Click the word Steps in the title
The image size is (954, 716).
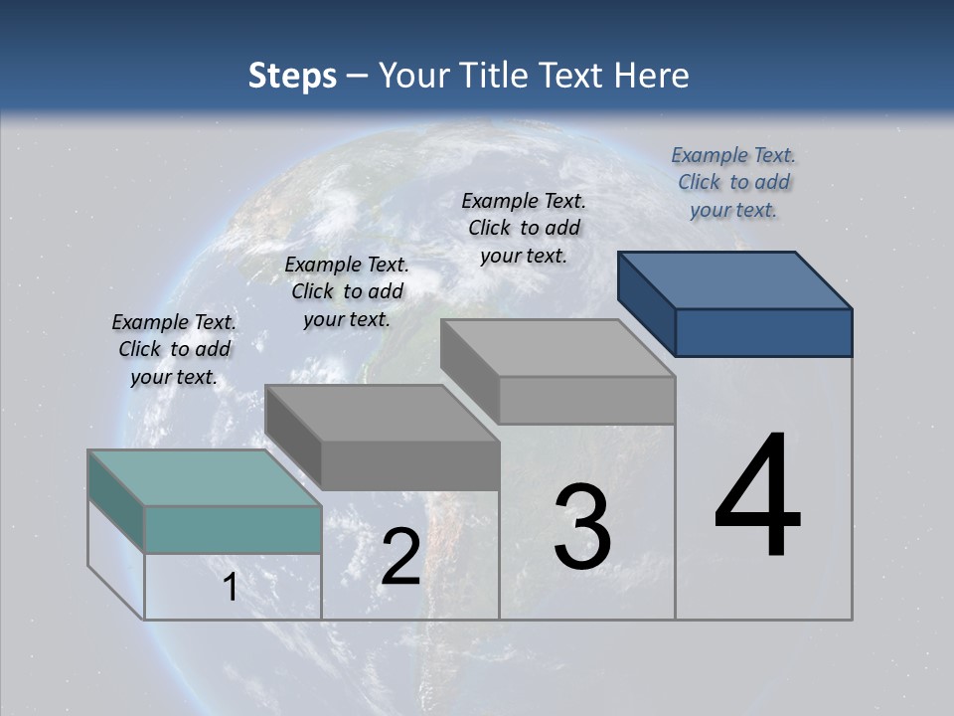pyautogui.click(x=291, y=76)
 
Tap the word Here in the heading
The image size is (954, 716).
pyautogui.click(x=652, y=76)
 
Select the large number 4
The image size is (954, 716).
pyautogui.click(x=757, y=497)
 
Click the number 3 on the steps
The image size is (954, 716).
pyautogui.click(x=582, y=527)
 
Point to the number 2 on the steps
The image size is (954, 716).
pyautogui.click(x=400, y=557)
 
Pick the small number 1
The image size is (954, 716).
pyautogui.click(x=231, y=588)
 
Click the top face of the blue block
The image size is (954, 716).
pyautogui.click(x=735, y=279)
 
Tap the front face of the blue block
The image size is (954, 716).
pyautogui.click(x=763, y=332)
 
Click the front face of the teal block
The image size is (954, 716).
pyautogui.click(x=233, y=529)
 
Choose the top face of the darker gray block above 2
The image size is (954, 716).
pyautogui.click(x=383, y=413)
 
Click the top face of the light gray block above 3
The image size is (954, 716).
pyautogui.click(x=557, y=348)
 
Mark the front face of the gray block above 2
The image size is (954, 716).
pyautogui.click(x=409, y=465)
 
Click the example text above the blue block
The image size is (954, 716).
pyautogui.click(x=733, y=182)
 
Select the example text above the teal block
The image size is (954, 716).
pyautogui.click(x=174, y=349)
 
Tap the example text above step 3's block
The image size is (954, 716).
pyautogui.click(x=524, y=228)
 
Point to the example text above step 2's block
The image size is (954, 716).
pyautogui.click(x=347, y=291)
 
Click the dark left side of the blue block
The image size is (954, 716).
pyautogui.click(x=646, y=303)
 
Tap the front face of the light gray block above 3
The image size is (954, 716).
pyautogui.click(x=586, y=400)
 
